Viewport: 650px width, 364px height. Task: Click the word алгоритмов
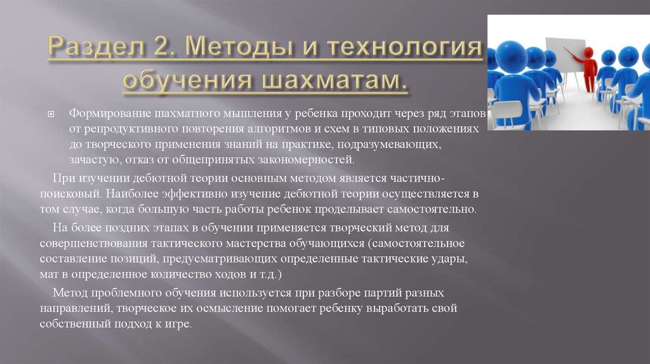(x=275, y=129)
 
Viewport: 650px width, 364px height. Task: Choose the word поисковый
(x=70, y=192)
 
